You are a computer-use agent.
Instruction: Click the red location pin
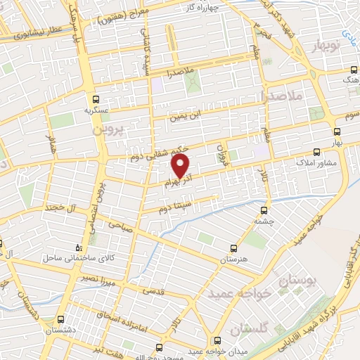[181, 165]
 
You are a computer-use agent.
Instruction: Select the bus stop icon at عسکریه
[96, 99]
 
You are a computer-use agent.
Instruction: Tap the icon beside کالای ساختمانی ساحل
[79, 247]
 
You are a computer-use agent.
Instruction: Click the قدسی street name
[153, 289]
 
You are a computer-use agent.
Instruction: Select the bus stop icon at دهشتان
[61, 319]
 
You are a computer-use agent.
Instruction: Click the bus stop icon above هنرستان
[235, 248]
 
